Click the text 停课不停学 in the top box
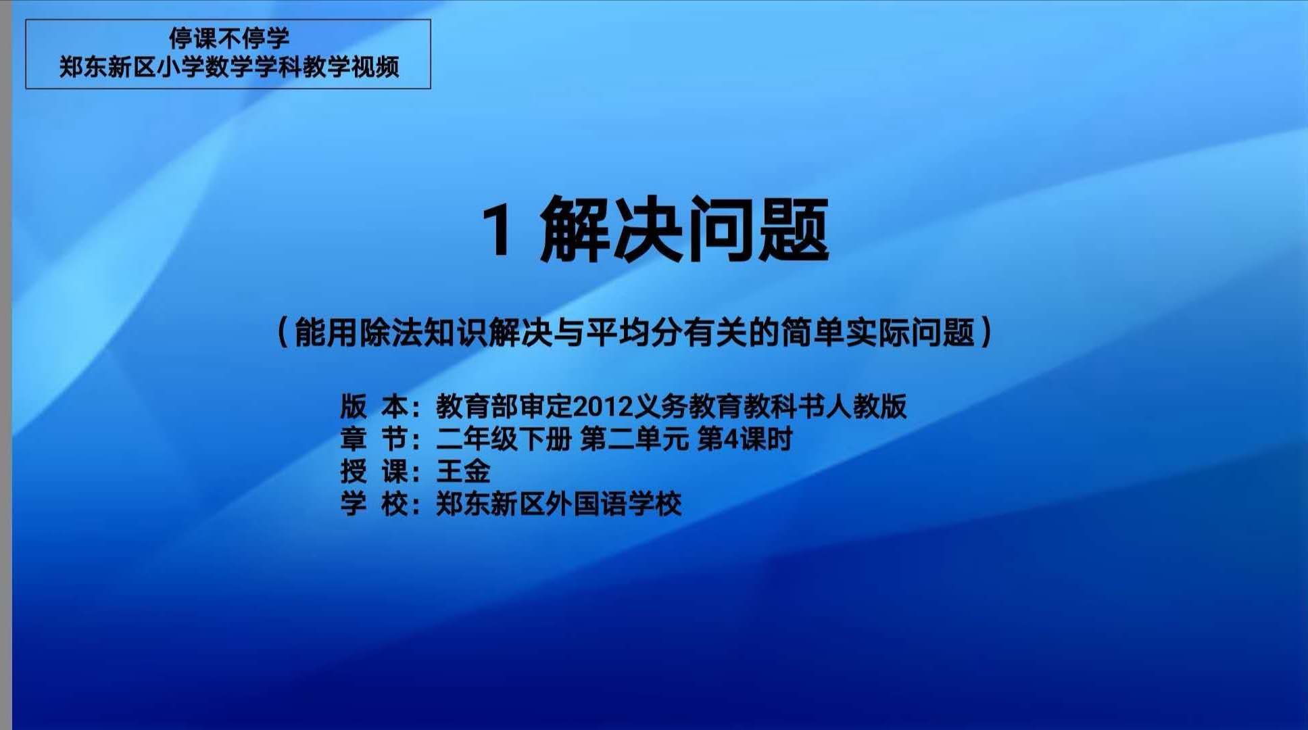228,39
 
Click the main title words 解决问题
684,230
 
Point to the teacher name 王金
463,471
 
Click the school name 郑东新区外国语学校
559,504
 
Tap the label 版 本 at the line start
373,406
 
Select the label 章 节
373,439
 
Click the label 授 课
373,471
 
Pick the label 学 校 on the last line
373,504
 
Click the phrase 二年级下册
504,439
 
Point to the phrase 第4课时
744,439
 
